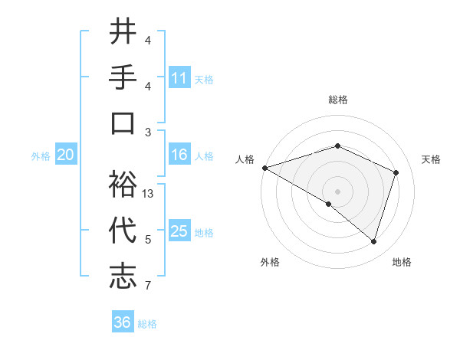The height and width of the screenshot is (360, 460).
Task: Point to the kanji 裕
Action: [x=123, y=185]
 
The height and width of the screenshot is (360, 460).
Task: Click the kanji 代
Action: [x=123, y=231]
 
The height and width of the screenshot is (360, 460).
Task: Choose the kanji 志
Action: [x=123, y=277]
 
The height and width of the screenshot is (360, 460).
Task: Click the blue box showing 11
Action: [x=179, y=77]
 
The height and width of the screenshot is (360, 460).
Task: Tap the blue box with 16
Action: [x=179, y=155]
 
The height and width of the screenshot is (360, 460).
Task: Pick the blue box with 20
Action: [x=66, y=155]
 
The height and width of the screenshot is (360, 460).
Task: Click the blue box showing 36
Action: [x=123, y=322]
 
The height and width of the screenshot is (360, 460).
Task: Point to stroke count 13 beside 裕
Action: [x=149, y=194]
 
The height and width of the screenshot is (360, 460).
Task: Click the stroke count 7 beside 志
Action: [x=148, y=286]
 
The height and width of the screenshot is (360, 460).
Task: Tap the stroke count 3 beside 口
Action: [x=148, y=132]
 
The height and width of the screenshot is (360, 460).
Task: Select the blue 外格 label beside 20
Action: [x=41, y=156]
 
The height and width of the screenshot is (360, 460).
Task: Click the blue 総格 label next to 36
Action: [x=147, y=323]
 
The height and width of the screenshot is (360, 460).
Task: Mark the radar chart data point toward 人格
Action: [x=264, y=168]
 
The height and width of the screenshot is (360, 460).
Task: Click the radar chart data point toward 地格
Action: [x=373, y=242]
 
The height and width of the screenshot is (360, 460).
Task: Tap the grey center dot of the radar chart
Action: [x=337, y=191]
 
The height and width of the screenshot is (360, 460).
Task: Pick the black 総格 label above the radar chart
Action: [x=337, y=100]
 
